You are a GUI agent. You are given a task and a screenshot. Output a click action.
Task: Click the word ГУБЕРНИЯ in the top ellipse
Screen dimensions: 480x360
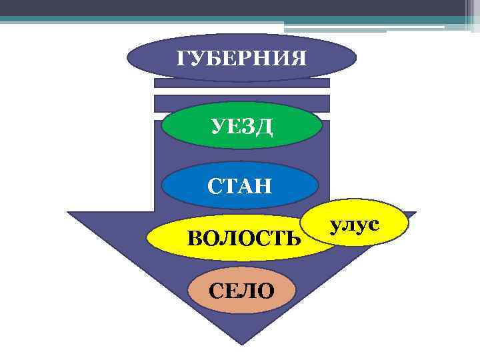[x=241, y=59]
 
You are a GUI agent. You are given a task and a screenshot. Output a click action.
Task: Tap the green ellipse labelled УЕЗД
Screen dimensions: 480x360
[x=241, y=126]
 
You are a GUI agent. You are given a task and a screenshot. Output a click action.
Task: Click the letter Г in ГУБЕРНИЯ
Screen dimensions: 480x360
[x=182, y=59]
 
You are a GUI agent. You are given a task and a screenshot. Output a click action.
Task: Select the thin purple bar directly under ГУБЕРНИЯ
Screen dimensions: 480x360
[x=241, y=83]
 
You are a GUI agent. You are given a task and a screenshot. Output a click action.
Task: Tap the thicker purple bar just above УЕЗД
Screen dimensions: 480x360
[x=241, y=103]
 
